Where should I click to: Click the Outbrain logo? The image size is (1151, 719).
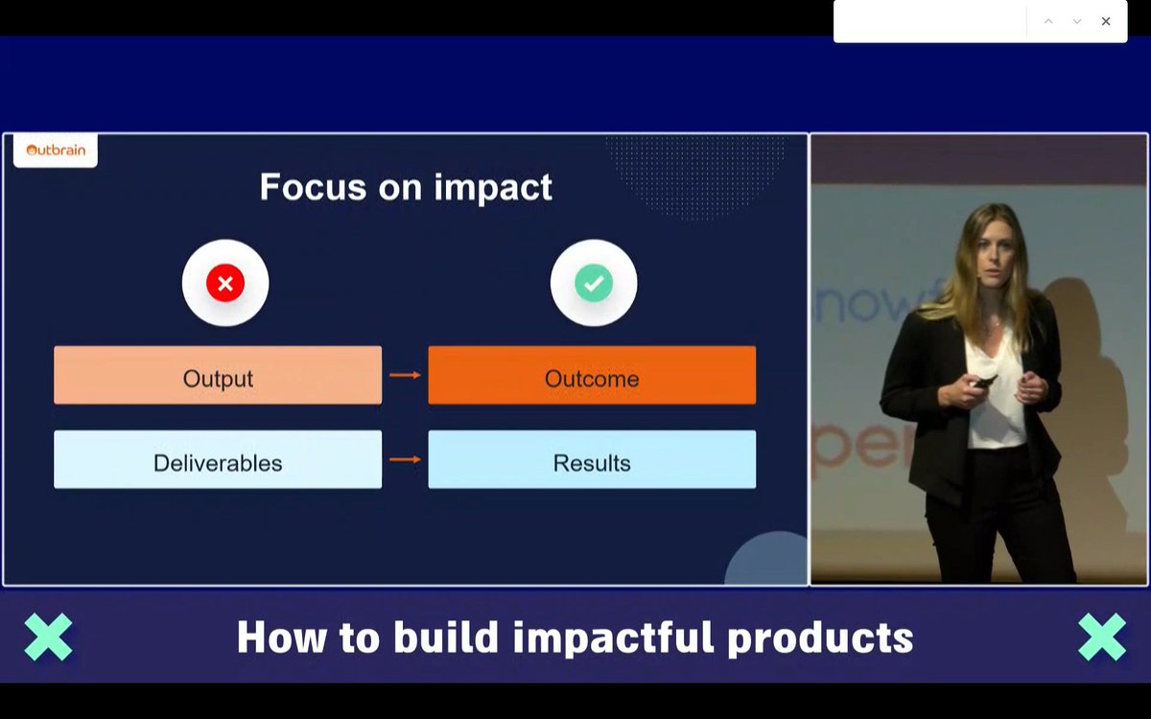coord(56,151)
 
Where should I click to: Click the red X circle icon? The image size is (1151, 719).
coord(225,283)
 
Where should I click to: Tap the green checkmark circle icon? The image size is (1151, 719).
coord(594,283)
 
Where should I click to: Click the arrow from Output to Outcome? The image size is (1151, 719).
coord(405,375)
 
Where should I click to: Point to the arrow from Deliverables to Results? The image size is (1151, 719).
coord(405,459)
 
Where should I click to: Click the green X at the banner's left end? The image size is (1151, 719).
coord(48,637)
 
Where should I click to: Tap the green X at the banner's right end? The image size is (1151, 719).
coord(1102,637)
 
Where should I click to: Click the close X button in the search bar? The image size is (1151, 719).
coord(1106,21)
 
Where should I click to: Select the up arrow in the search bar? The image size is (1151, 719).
coord(1048,21)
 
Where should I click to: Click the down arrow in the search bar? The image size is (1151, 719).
coord(1077,21)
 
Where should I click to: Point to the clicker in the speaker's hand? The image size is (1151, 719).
coord(984,382)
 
